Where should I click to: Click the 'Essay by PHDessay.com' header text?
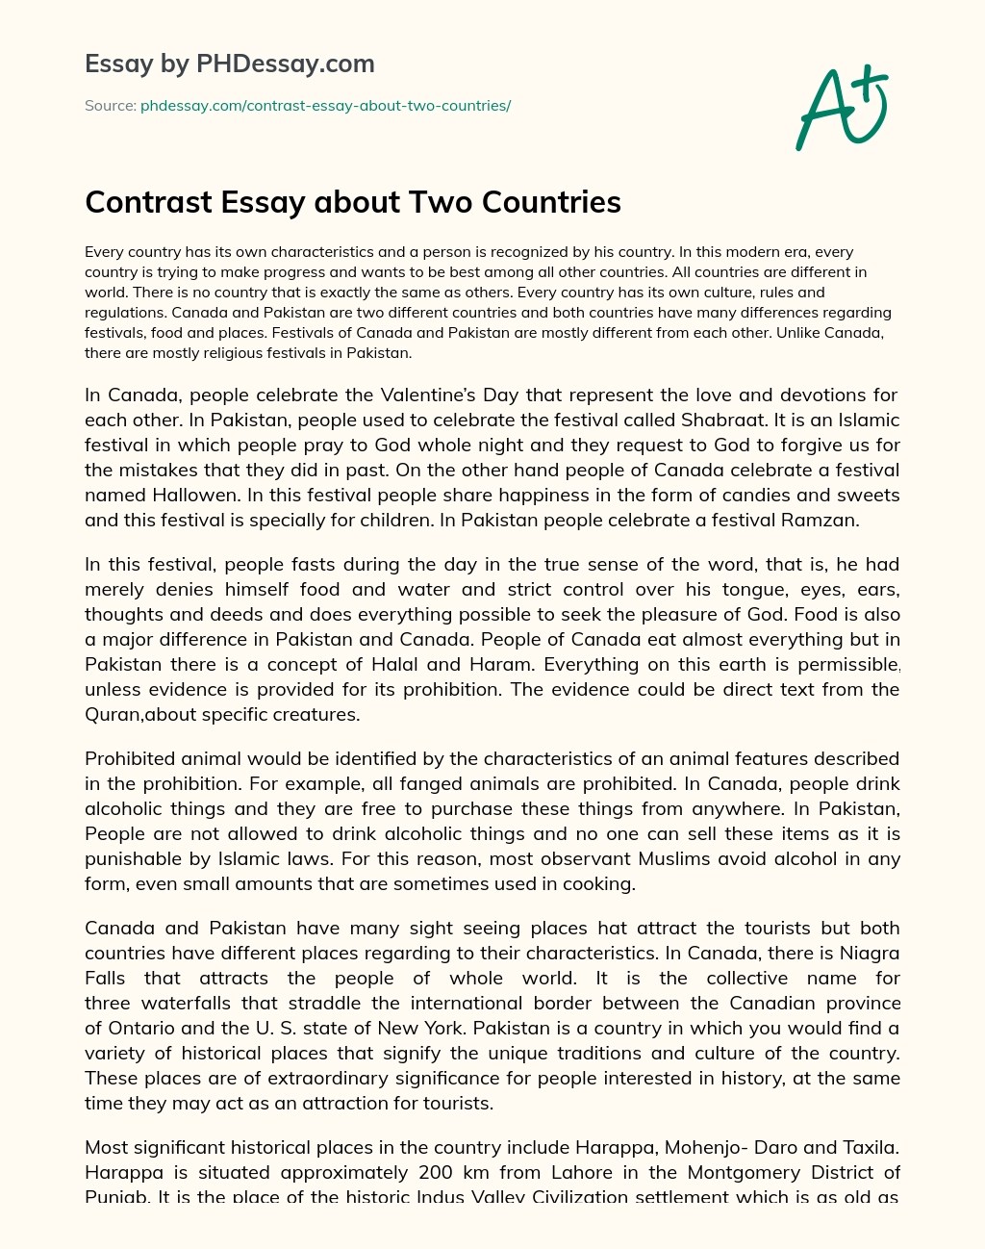point(229,64)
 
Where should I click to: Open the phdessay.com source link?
point(325,106)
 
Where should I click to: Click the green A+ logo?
point(842,108)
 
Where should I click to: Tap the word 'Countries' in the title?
point(551,202)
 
